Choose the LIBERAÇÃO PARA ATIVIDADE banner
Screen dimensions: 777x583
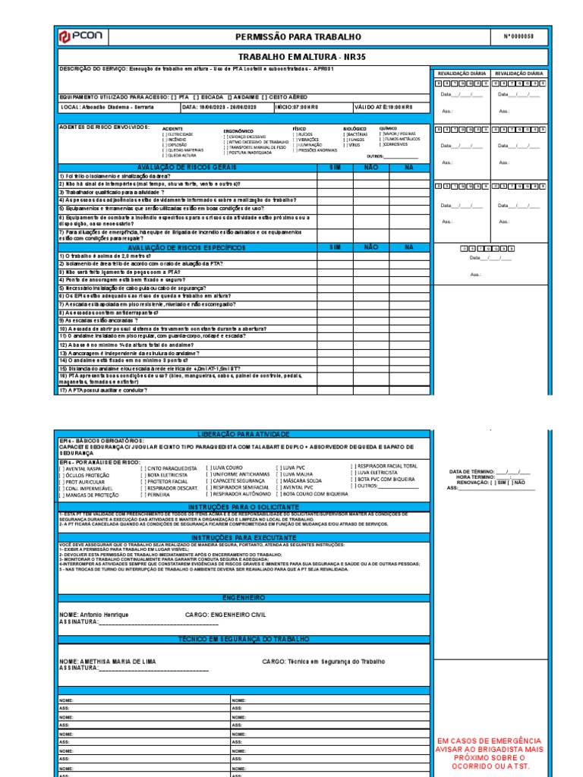[242, 434]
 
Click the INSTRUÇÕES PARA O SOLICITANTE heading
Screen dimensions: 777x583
[242, 506]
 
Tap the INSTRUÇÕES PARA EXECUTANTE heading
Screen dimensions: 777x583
[242, 537]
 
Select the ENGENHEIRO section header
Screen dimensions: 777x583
[242, 598]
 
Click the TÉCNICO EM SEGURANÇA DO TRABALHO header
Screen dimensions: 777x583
[242, 640]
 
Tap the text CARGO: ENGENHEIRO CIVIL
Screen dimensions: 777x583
[226, 615]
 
